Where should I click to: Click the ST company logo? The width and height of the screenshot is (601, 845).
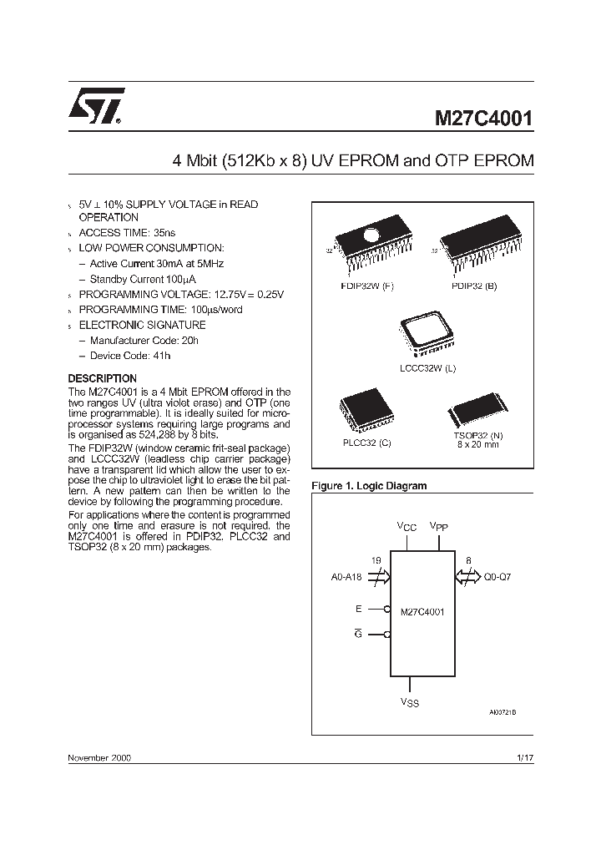pyautogui.click(x=96, y=106)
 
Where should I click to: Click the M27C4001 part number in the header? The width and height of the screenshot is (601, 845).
pyautogui.click(x=482, y=118)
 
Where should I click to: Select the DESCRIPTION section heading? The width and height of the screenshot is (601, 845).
pyautogui.click(x=102, y=378)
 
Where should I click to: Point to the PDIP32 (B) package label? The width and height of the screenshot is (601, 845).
pyautogui.click(x=473, y=286)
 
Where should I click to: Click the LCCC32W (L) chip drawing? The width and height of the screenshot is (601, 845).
pyautogui.click(x=427, y=336)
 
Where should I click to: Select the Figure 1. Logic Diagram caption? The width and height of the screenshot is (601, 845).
pyautogui.click(x=368, y=486)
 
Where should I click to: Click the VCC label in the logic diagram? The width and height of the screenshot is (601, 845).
pyautogui.click(x=406, y=527)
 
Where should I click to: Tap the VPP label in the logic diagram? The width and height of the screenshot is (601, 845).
pyautogui.click(x=439, y=527)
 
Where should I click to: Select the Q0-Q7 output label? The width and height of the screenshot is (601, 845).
pyautogui.click(x=499, y=575)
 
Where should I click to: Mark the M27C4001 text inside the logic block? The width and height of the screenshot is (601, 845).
pyautogui.click(x=422, y=612)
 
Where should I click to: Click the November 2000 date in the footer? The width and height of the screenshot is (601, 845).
pyautogui.click(x=98, y=757)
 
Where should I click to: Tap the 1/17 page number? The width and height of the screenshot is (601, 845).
pyautogui.click(x=525, y=757)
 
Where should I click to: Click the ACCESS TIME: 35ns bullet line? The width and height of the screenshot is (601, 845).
pyautogui.click(x=127, y=233)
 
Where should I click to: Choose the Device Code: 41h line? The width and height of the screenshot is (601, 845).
pyautogui.click(x=130, y=355)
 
